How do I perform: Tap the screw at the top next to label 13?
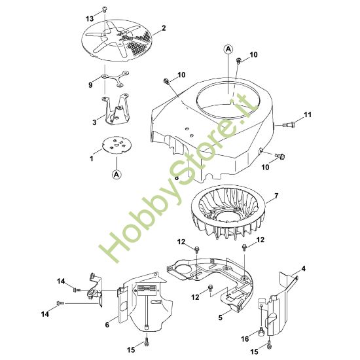105,9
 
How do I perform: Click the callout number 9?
90,84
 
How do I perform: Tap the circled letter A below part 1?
116,174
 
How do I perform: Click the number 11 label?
308,115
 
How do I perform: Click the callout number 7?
276,196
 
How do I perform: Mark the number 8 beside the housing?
177,177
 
